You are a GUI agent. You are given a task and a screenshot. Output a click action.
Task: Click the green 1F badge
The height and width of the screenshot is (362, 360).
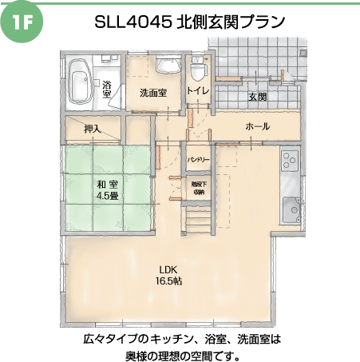click(22, 23)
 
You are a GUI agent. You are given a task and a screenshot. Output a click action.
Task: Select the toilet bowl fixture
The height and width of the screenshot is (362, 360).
click(198, 69)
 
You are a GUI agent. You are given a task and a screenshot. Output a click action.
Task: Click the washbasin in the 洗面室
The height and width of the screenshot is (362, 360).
click(168, 64)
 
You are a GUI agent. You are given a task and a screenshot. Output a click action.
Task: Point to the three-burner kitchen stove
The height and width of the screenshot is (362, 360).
click(290, 161)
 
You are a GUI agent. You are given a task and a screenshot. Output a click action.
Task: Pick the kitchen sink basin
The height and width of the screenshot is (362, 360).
click(291, 209)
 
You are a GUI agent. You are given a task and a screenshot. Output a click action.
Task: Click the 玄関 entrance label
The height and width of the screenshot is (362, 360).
click(258, 97)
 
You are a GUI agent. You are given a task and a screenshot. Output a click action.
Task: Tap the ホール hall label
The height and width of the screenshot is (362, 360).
click(258, 126)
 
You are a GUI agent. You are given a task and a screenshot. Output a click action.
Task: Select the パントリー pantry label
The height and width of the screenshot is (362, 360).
click(199, 160)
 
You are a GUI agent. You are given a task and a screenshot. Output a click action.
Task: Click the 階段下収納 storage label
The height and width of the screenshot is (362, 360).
click(199, 188)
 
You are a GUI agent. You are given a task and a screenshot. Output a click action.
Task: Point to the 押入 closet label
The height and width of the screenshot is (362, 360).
click(93, 129)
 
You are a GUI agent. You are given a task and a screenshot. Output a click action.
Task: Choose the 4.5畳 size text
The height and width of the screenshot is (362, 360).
click(108, 196)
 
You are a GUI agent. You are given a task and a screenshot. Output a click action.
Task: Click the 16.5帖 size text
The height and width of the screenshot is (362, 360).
click(168, 280)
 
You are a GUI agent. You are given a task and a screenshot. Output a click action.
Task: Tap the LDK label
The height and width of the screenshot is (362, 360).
click(168, 269)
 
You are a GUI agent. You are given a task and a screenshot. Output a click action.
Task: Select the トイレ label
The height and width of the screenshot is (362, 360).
click(198, 90)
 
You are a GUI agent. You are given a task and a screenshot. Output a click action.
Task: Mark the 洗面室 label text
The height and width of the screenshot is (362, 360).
click(153, 93)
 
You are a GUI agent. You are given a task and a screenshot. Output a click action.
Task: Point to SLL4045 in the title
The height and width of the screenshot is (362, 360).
click(133, 22)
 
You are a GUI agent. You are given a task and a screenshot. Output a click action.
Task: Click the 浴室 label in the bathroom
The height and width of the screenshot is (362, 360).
click(106, 90)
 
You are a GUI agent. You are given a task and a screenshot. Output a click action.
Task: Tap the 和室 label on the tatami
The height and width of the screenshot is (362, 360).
click(108, 185)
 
